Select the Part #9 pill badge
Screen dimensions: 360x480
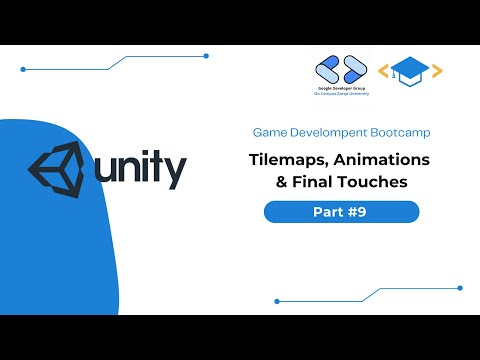click(x=341, y=212)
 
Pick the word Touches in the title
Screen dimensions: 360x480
click(x=376, y=182)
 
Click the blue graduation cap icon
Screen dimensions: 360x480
click(x=410, y=70)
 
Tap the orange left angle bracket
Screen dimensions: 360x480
click(x=383, y=71)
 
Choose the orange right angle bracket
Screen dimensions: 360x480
click(x=437, y=71)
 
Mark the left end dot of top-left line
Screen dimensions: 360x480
click(x=23, y=70)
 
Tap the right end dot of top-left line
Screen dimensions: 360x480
click(x=205, y=56)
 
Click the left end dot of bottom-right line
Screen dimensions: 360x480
click(x=276, y=300)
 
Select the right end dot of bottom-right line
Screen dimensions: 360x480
click(x=458, y=287)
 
